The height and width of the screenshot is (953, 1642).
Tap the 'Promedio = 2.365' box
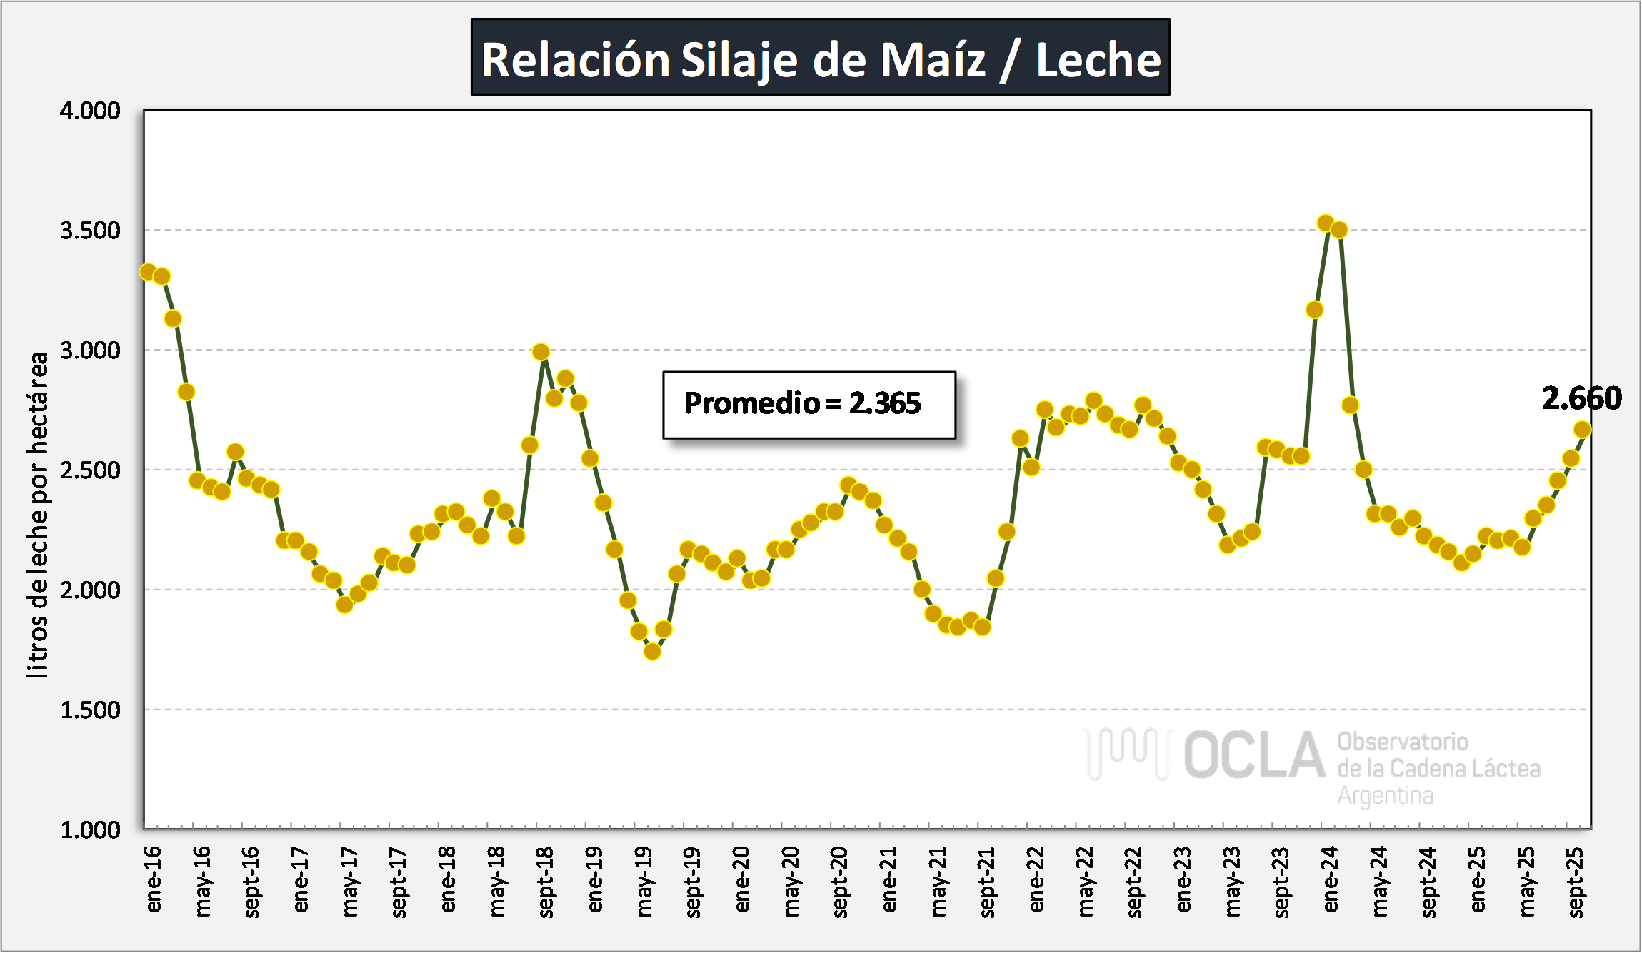tap(809, 404)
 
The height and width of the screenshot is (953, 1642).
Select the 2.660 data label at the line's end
tap(1581, 398)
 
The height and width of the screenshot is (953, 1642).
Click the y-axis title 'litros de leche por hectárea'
tap(37, 514)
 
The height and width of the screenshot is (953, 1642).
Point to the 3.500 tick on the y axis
tap(90, 231)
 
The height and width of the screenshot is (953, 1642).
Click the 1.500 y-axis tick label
tap(90, 710)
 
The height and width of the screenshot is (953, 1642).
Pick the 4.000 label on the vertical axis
tap(90, 111)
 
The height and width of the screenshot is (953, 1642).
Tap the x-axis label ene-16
tap(154, 879)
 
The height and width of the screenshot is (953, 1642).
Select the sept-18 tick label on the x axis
tap(546, 882)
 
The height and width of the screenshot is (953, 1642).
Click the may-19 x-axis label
tap(644, 882)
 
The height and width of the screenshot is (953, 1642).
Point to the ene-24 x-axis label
tap(1330, 879)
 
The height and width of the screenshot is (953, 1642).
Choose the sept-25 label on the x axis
tap(1575, 882)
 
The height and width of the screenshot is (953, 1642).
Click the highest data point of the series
tap(1326, 223)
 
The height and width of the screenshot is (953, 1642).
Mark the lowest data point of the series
tap(652, 651)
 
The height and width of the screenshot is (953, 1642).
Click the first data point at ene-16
tap(148, 272)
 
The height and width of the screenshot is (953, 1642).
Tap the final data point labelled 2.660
tap(1582, 429)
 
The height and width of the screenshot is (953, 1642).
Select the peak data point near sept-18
tap(541, 352)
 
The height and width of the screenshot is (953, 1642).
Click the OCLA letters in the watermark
tap(1254, 755)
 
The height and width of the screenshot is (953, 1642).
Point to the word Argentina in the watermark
tap(1385, 795)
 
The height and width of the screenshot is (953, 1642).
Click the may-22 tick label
tap(1085, 882)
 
